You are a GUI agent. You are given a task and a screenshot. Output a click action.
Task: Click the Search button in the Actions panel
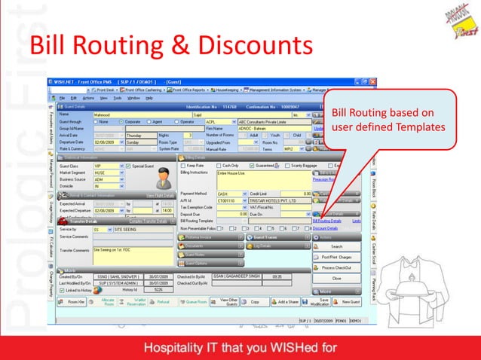tap(336, 246)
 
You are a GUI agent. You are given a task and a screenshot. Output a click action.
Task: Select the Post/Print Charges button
tap(336, 257)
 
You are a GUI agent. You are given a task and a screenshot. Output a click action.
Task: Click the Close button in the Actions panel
tap(336, 279)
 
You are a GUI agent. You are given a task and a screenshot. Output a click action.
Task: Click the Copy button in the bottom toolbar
tap(255, 301)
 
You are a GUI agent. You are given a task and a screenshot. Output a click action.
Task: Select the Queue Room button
tap(195, 301)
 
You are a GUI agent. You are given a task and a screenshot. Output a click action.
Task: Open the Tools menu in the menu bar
tap(117, 98)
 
